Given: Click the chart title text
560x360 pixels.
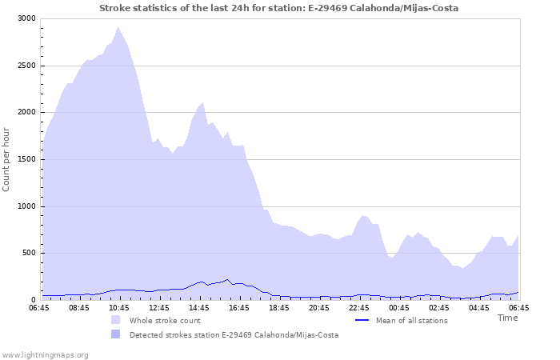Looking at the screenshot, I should (x=279, y=7).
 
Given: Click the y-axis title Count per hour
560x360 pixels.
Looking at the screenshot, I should (x=7, y=158).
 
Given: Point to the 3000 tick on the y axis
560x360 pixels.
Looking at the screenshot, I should (x=26, y=18).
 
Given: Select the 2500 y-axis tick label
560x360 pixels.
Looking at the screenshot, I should (x=26, y=66).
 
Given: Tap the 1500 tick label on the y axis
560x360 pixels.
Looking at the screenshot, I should (x=26, y=159).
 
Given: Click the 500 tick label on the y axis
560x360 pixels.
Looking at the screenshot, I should (x=29, y=254).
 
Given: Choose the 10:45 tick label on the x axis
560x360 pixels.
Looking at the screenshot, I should (x=119, y=307).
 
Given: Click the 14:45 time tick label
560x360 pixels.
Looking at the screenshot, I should (x=199, y=307).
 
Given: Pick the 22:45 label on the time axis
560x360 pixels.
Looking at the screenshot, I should (x=359, y=307).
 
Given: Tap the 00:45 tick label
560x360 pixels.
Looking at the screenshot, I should (x=399, y=307).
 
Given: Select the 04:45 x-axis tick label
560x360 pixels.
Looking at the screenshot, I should (x=479, y=307).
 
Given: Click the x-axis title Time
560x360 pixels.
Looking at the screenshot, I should (x=507, y=318).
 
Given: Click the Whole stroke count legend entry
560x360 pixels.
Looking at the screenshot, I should (x=164, y=321).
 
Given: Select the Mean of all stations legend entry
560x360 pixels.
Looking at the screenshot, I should (x=411, y=321).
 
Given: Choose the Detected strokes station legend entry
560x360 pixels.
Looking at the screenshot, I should (x=234, y=335).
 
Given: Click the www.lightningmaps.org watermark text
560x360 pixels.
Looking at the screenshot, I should (x=45, y=354).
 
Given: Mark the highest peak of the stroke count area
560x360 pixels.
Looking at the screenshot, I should (x=118, y=28).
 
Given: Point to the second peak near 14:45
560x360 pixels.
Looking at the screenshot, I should (x=203, y=102).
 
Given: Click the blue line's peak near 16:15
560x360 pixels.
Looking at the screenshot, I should (x=228, y=279).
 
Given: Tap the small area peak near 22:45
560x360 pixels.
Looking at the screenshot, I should (x=363, y=215).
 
